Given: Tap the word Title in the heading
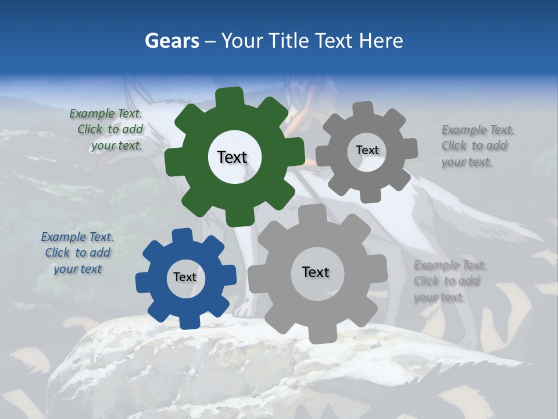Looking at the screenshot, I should (x=291, y=41).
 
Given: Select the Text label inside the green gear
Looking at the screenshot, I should (x=232, y=157).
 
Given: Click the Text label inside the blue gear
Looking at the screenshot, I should (x=185, y=278).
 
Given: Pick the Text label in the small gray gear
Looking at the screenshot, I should (x=367, y=150).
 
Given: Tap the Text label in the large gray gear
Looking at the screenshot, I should (x=316, y=272).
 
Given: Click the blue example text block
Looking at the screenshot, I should (x=77, y=253).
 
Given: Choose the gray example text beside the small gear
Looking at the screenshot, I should (x=474, y=146).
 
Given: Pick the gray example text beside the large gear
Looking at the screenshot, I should (x=449, y=281).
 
